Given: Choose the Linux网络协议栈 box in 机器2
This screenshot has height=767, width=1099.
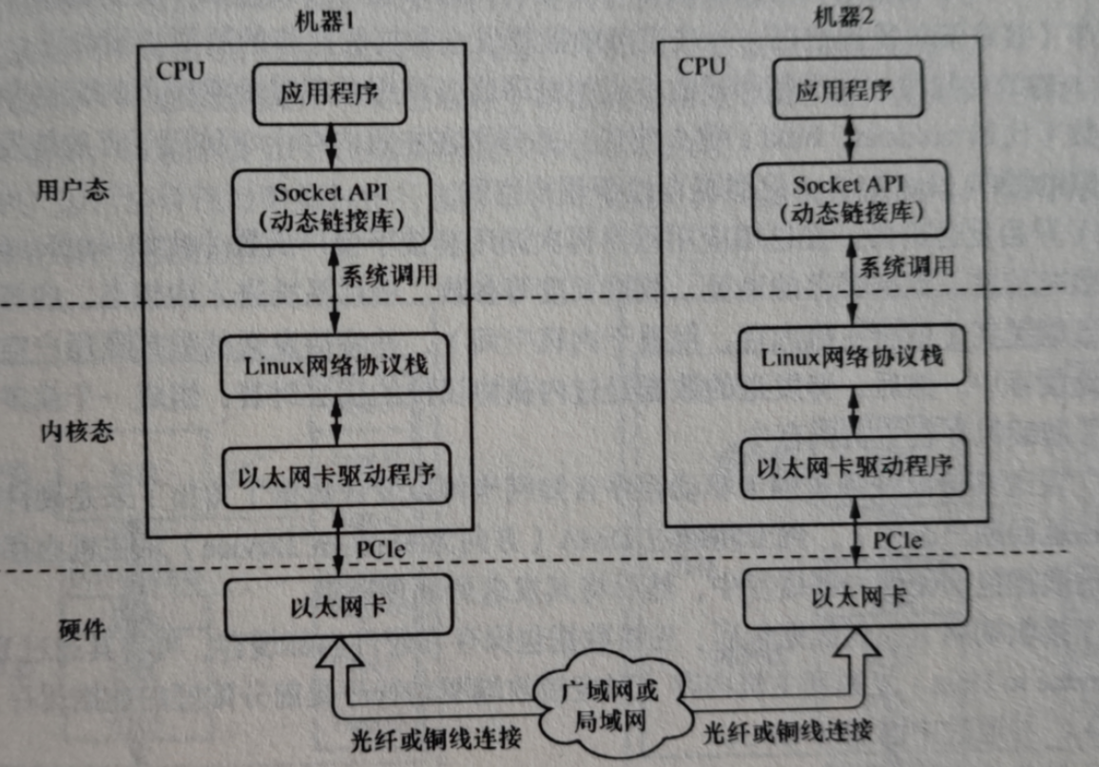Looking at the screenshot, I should (x=852, y=358).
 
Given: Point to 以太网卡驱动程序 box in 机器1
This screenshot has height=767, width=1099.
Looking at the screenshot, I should (x=336, y=471).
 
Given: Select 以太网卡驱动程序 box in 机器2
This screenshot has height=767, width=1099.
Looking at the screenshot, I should (x=853, y=467).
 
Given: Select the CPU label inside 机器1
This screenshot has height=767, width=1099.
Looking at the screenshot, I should (x=180, y=72).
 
